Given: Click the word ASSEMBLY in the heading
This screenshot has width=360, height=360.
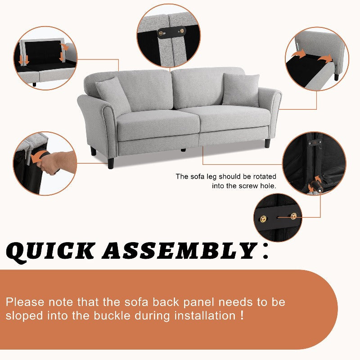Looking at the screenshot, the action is click(180, 251).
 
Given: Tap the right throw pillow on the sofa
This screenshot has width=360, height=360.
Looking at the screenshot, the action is click(241, 90).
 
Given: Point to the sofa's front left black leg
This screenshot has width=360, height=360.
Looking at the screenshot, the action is click(111, 162).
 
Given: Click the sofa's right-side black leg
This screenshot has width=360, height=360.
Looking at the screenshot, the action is click(267, 143).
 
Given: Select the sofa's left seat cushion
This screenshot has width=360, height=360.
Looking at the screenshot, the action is click(158, 125).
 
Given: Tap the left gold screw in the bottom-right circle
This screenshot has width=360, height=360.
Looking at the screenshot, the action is click(263, 218).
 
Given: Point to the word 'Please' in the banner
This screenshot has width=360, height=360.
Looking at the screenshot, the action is click(25, 302).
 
